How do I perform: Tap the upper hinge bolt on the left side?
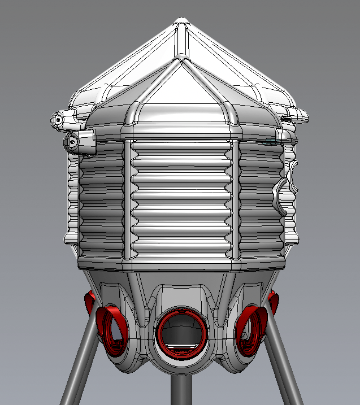(58, 120)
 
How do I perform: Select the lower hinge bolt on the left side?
(73, 142)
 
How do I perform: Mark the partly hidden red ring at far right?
(274, 302)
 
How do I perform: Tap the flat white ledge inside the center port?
(180, 347)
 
